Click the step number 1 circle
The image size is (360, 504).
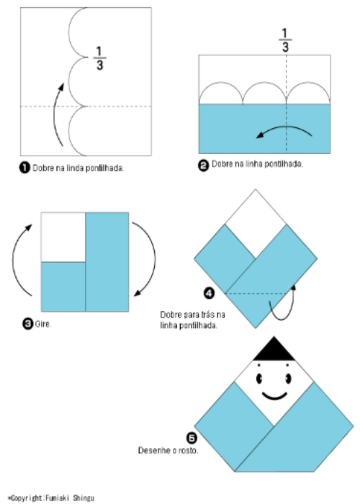pos(24,168)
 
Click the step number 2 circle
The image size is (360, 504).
pos(204,164)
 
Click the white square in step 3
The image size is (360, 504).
pos(63,237)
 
